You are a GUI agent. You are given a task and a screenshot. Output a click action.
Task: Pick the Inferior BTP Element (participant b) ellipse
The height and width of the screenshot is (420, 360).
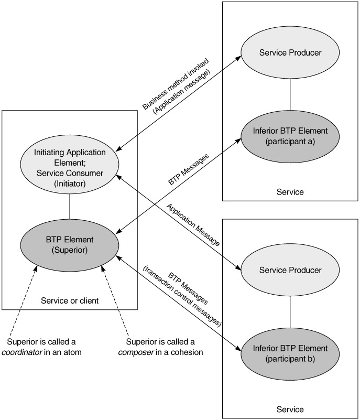coord(290,352)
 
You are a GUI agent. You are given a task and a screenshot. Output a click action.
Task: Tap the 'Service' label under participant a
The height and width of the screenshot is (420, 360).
coord(290,192)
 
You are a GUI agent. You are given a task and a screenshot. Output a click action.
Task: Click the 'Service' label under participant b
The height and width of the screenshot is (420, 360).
coord(290,408)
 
